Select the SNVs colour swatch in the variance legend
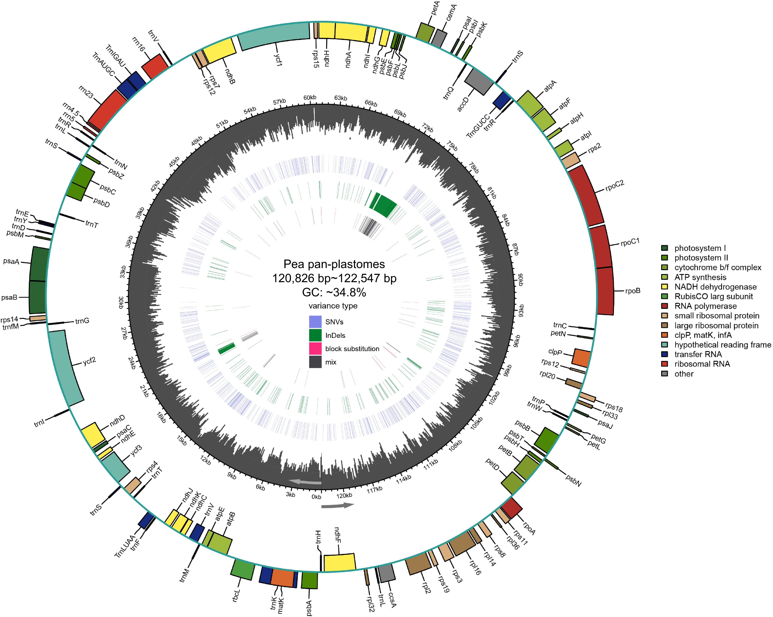click(x=315, y=322)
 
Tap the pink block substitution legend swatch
click(x=315, y=348)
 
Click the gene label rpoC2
click(x=615, y=186)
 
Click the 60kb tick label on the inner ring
click(x=310, y=97)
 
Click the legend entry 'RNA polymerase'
click(x=705, y=306)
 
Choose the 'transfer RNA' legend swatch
click(x=664, y=354)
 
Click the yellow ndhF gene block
click(x=339, y=562)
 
